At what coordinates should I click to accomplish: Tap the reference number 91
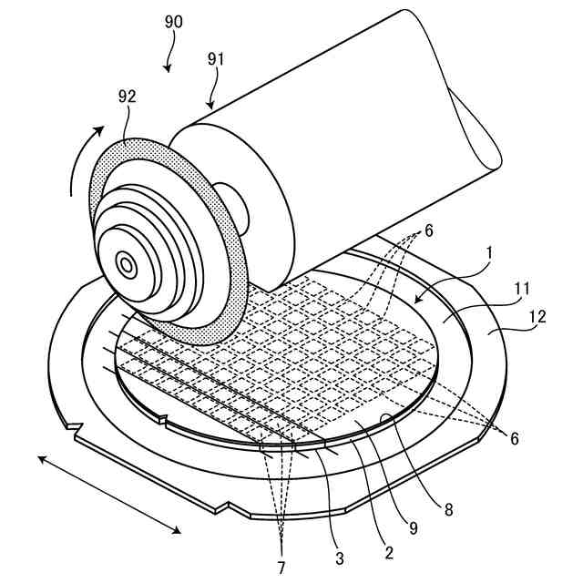216,60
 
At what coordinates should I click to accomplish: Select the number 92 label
128,96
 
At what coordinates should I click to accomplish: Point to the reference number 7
281,566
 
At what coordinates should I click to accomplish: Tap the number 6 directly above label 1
429,230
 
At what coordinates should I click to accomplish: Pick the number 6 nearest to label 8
515,438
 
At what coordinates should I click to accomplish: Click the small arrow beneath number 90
168,60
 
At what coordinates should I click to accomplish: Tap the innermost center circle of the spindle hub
126,265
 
